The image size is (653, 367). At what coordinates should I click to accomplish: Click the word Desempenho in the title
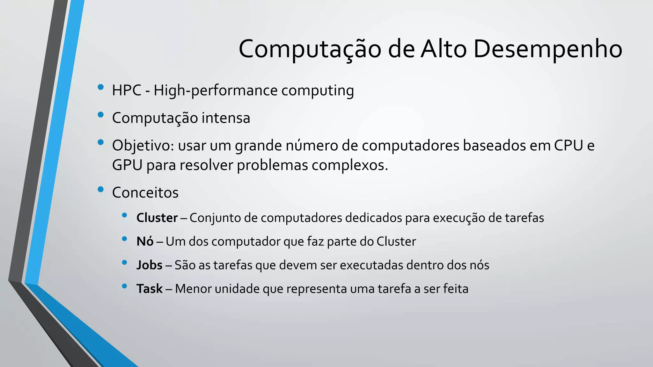547,49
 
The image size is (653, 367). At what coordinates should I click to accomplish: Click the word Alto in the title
444,49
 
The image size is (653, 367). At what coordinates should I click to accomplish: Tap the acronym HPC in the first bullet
127,90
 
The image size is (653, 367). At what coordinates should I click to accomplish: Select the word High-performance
216,90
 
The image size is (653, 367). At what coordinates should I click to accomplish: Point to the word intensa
226,118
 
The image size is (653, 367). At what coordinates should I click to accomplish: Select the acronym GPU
127,165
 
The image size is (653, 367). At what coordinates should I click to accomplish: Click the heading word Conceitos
145,193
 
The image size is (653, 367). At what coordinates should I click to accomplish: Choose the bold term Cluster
157,218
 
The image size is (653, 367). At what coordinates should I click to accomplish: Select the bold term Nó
145,241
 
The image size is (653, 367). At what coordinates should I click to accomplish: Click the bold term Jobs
149,265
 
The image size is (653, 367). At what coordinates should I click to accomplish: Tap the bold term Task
149,289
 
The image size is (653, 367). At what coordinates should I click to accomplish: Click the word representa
316,289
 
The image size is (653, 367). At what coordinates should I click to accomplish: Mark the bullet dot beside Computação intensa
101,115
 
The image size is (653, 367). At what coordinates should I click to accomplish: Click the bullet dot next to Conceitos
101,190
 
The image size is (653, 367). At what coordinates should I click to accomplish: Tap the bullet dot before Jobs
124,263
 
